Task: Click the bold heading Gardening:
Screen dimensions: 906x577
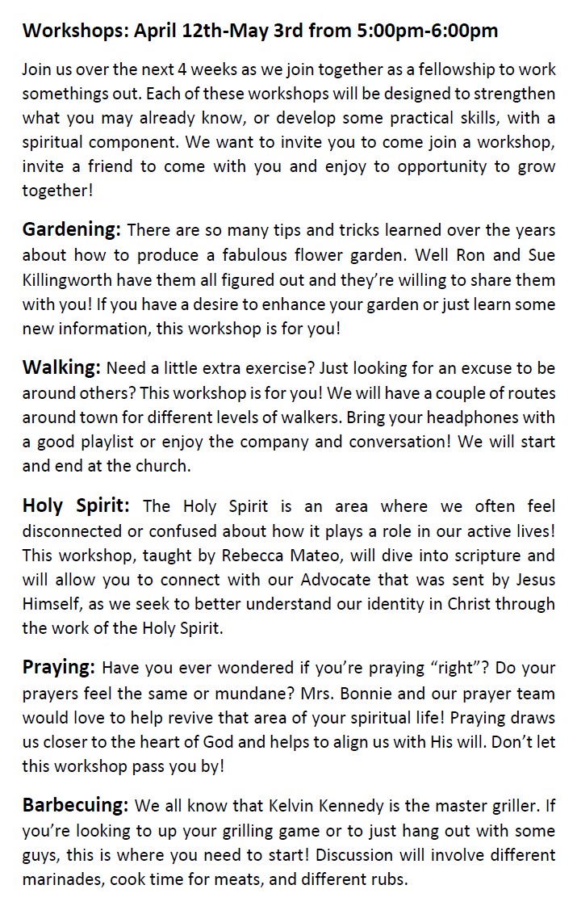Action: [71, 229]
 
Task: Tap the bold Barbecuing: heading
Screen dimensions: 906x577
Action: [75, 805]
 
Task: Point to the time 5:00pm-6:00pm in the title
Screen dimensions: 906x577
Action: [427, 31]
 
